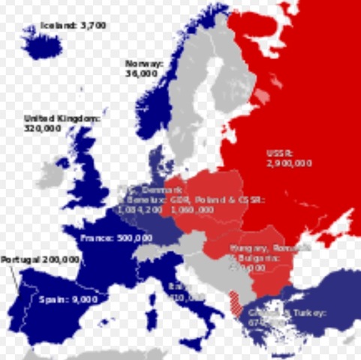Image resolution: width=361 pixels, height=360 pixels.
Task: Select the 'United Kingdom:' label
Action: pos(62,118)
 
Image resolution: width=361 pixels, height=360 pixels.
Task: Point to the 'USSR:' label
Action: pos(278,153)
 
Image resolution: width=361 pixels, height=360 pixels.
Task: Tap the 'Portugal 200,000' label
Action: pos(40,259)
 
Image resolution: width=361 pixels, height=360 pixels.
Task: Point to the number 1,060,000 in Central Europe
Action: pos(191,210)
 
